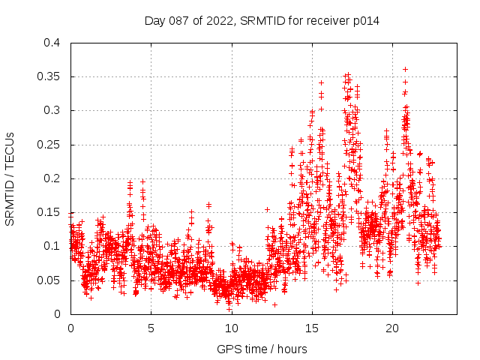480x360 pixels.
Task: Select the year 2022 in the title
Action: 217,21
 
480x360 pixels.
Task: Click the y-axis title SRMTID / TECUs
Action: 10,178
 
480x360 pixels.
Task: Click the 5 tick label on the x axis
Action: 151,328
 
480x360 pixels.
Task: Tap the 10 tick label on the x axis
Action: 231,328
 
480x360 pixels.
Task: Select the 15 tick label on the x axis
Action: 311,328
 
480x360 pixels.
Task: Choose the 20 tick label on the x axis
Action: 391,328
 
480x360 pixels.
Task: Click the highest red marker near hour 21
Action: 406,69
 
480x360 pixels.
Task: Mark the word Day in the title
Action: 154,21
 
